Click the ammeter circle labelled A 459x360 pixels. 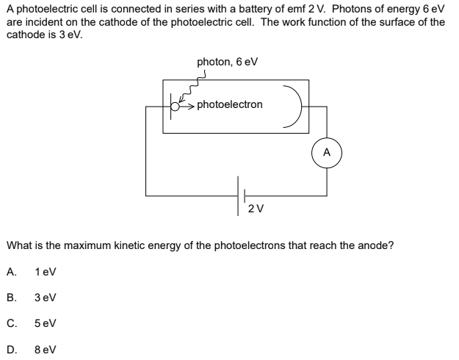[x=327, y=154]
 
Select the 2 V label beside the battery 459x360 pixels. [x=256, y=209]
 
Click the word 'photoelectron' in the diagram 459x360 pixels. [x=230, y=105]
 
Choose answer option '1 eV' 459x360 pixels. [x=45, y=271]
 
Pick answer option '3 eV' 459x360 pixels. [x=45, y=298]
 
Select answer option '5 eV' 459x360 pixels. [x=45, y=323]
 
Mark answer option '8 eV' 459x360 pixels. [x=45, y=349]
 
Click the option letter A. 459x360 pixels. [x=10, y=271]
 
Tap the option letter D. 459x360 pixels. [x=10, y=349]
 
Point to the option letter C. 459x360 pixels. [x=10, y=323]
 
